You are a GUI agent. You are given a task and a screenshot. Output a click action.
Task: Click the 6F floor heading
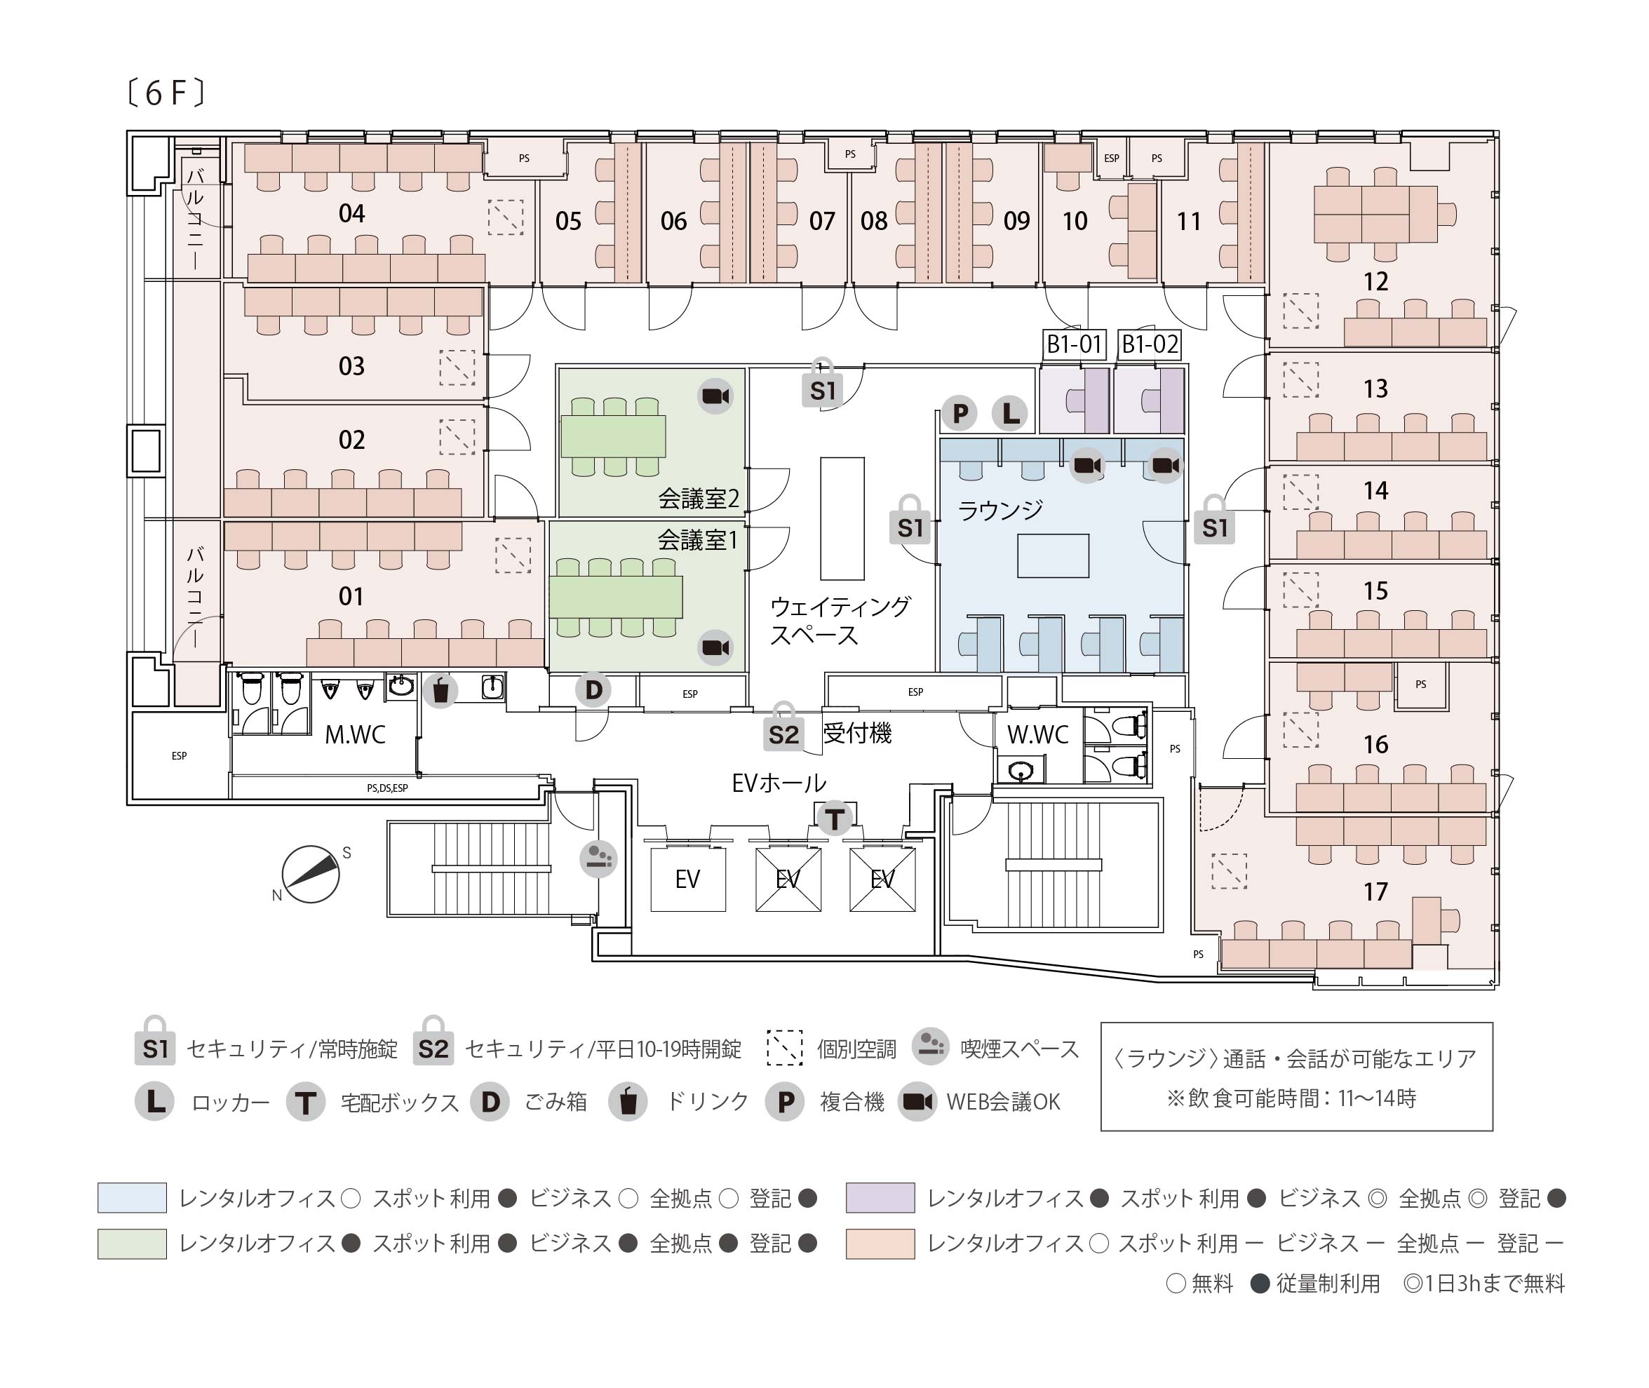[x=166, y=94]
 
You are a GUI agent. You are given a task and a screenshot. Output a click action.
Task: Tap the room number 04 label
[x=351, y=214]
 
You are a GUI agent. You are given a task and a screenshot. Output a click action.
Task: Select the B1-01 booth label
[x=1074, y=344]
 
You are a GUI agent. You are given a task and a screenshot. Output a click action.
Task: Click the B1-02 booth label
[x=1150, y=344]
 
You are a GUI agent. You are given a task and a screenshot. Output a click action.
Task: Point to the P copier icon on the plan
[x=960, y=413]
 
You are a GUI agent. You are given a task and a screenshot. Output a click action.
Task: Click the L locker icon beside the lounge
[x=1010, y=413]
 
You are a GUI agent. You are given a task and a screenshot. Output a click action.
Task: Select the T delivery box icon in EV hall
[x=834, y=819]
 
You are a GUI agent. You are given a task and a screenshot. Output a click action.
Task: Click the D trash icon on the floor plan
[x=593, y=690]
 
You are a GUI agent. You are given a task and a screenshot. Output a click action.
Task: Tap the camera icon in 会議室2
[x=715, y=396]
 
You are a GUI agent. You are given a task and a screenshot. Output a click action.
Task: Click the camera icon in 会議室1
[x=715, y=647]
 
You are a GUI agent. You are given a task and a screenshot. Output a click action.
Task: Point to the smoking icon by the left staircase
[x=598, y=858]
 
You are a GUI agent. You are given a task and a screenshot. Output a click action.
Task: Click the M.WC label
[x=355, y=735]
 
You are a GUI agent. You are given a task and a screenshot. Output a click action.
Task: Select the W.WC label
[x=1037, y=735]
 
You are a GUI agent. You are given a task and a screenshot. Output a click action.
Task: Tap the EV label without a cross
[x=687, y=879]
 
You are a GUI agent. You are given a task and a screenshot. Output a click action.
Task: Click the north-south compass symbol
[x=311, y=874]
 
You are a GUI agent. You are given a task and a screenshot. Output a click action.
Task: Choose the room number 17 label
[x=1375, y=891]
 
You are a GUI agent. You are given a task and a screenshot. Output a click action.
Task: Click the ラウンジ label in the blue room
[x=1000, y=511]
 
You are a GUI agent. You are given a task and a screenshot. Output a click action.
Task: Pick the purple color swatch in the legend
[x=880, y=1198]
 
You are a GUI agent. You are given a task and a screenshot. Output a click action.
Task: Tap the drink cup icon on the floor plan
[x=440, y=691]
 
